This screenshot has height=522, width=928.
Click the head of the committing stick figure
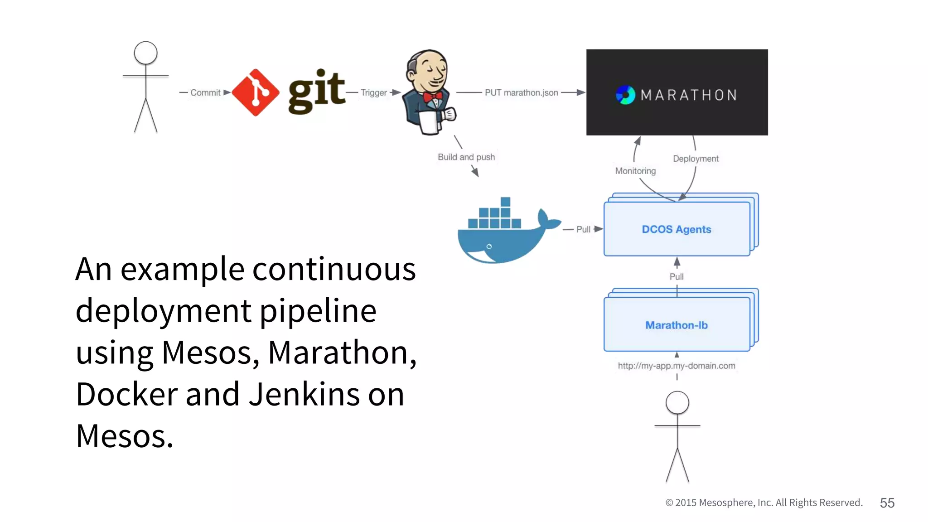point(145,53)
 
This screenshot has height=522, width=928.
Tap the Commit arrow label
point(205,92)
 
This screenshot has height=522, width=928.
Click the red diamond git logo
point(255,92)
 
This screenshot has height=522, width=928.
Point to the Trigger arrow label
point(373,92)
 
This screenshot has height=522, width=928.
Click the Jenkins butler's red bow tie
point(432,97)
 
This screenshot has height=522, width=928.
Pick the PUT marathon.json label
point(521,92)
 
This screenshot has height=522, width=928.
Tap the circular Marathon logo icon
point(625,95)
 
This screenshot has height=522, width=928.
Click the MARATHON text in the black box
point(689,95)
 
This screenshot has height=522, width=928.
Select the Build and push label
point(466,157)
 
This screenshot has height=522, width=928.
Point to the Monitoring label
point(635,171)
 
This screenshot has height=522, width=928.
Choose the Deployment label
point(696,159)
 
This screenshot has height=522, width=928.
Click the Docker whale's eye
point(489,246)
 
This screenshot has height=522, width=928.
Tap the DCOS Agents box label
point(677,229)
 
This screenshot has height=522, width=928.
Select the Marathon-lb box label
point(677,325)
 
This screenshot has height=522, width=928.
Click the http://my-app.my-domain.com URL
point(677,366)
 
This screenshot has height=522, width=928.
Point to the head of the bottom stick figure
point(677,403)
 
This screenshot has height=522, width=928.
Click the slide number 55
point(887,503)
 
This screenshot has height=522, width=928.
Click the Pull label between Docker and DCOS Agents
point(583,229)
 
